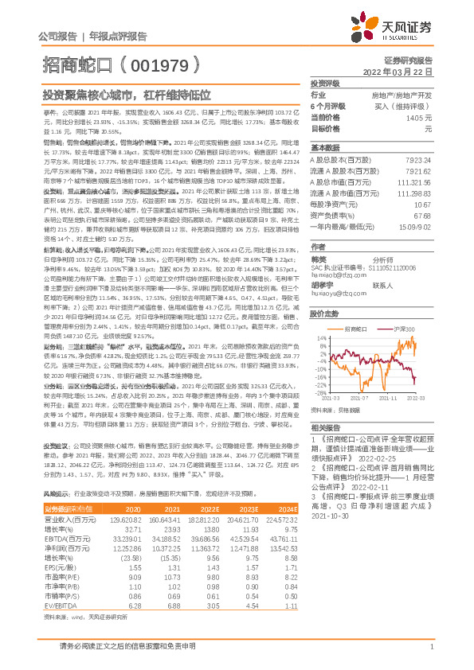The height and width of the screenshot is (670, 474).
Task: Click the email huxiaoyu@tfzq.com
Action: pos(335,291)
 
